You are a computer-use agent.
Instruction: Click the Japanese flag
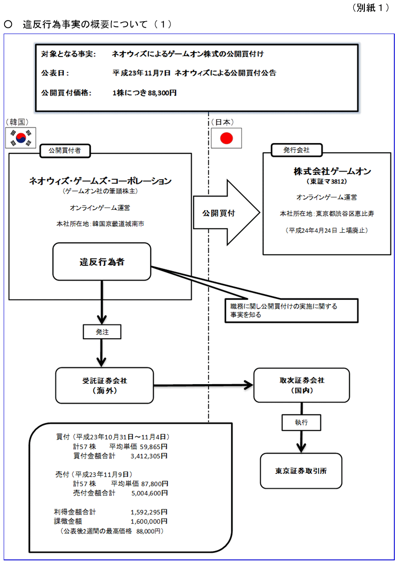coord(226,138)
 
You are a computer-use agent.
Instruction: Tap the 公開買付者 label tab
coord(64,150)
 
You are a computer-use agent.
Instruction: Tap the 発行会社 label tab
coord(297,150)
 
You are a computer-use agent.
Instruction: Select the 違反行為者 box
coord(102,262)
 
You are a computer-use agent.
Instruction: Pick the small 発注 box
coord(102,331)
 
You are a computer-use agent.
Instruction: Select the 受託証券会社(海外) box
coord(105,386)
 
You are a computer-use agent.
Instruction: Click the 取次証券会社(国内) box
coord(302,386)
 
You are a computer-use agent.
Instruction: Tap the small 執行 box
coord(301,421)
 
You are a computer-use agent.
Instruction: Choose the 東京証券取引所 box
coord(301,471)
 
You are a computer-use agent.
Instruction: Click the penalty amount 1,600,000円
coord(149,521)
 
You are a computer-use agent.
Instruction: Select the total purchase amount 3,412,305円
coord(149,456)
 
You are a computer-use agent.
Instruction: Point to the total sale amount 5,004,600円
coord(149,493)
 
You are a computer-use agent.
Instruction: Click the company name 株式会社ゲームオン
coord(326,172)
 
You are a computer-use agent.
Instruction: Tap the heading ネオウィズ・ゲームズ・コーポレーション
coord(100,181)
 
